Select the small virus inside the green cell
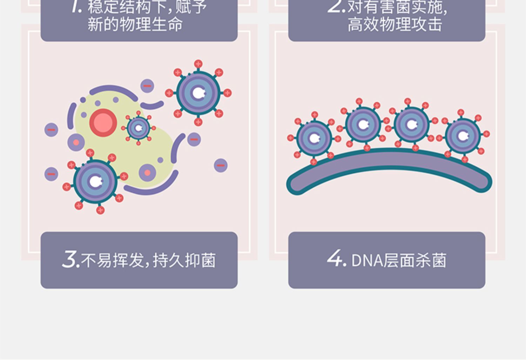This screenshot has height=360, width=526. click(x=139, y=128)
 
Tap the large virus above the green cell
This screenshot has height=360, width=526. click(x=198, y=93)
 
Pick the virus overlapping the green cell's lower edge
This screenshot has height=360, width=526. click(x=95, y=181)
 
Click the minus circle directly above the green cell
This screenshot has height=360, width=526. click(x=147, y=86)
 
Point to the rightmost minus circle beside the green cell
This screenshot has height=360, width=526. click(x=221, y=165)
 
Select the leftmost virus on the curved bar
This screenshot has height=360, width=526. click(x=314, y=138)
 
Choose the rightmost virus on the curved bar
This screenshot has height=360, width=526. click(x=463, y=136)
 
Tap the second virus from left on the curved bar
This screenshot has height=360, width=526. click(x=363, y=124)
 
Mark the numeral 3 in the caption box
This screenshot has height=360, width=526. click(x=70, y=260)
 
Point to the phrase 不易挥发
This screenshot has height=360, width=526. click(x=112, y=260)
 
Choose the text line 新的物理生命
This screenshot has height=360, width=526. click(x=135, y=25)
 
